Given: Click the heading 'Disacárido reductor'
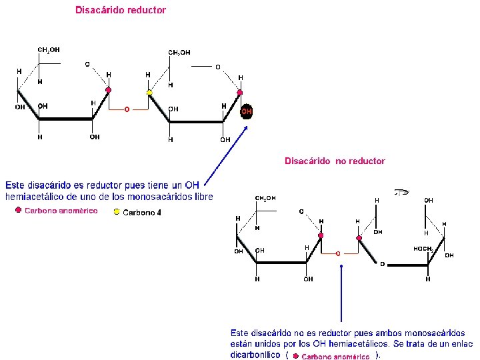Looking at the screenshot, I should click(121, 10).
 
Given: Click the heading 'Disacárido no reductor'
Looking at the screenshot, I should click(335, 161).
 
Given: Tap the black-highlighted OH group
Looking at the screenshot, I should click(247, 111).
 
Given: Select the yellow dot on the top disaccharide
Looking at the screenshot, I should click(150, 93).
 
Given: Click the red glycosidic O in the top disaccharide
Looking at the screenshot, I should click(127, 110).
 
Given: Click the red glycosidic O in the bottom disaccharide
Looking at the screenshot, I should click(338, 253).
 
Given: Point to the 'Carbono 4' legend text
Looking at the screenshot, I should click(142, 213).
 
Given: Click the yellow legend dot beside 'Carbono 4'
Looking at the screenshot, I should click(117, 212).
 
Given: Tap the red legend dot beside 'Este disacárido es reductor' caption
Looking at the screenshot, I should click(19, 211).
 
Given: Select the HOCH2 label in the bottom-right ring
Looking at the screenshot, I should click(423, 249).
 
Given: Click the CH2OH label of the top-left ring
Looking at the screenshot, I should click(49, 49).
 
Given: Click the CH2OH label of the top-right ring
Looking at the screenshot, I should click(179, 52).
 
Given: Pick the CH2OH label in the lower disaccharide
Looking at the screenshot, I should click(265, 198).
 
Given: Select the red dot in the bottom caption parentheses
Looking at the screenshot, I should click(295, 356).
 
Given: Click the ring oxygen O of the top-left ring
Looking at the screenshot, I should click(87, 64).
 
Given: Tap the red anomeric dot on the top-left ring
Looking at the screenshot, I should click(109, 89).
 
